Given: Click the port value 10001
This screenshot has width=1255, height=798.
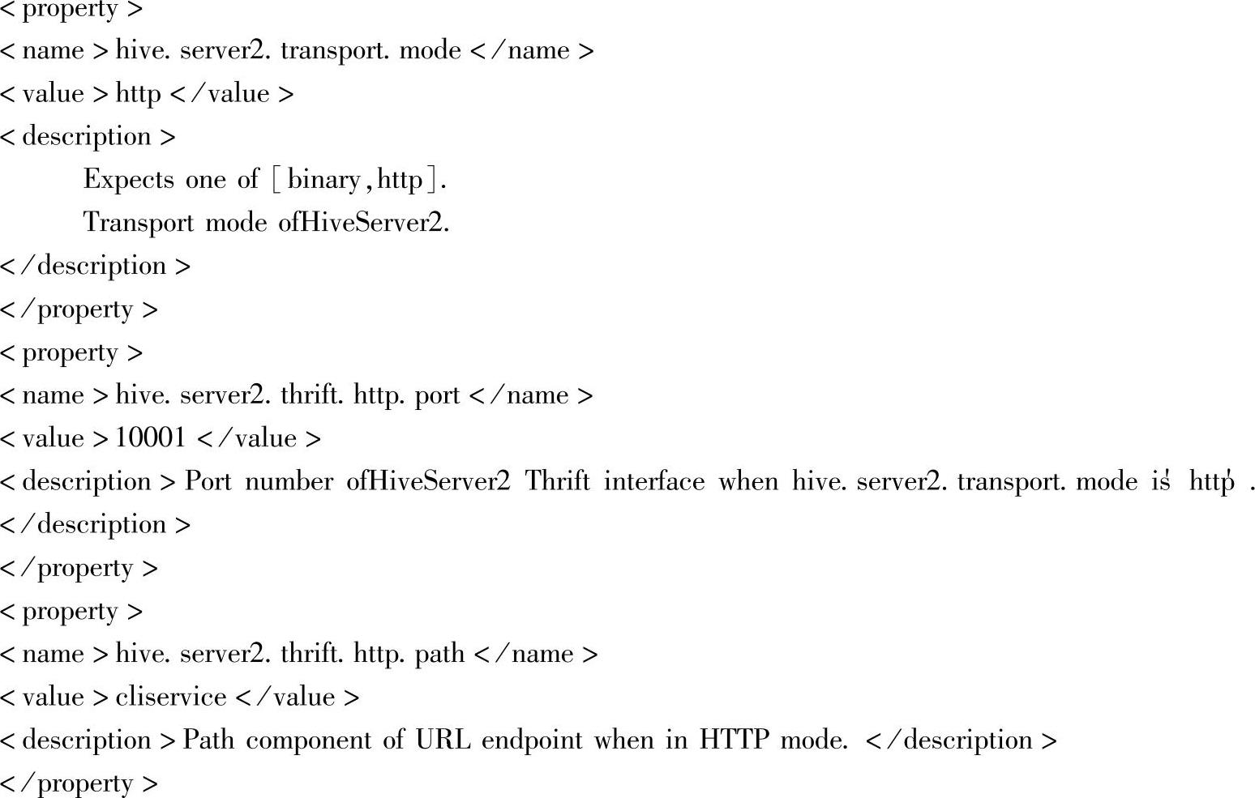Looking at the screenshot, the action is [150, 438].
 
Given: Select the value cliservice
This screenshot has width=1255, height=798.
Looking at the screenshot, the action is [170, 698].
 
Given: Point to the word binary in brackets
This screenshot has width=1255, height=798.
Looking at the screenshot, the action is [323, 180].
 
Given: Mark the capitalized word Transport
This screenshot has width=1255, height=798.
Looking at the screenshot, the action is [138, 223].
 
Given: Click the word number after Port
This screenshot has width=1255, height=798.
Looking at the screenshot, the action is [288, 482].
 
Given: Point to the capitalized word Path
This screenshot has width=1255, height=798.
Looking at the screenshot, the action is [208, 740].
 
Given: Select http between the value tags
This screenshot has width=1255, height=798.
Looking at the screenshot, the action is [139, 94].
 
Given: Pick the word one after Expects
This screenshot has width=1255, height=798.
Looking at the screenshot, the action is [205, 180].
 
